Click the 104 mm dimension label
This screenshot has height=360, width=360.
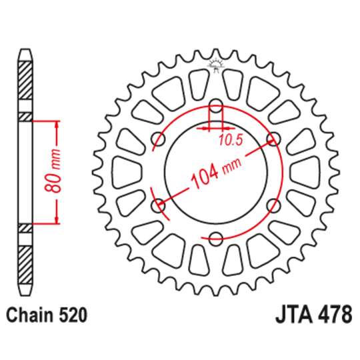coord(216,173)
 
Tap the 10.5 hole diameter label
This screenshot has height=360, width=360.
coord(231,140)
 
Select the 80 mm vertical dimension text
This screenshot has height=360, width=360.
coord(53,171)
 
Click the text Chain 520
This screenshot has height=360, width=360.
coord(47,315)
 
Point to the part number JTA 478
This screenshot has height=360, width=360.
coord(313,314)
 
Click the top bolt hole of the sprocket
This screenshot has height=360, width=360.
coord(216,105)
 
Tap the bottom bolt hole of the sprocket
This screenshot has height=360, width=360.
coord(216,238)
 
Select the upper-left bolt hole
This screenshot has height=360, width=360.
coord(158,139)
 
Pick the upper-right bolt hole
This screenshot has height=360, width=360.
coord(274,139)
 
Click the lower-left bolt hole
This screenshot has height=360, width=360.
coord(158,205)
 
